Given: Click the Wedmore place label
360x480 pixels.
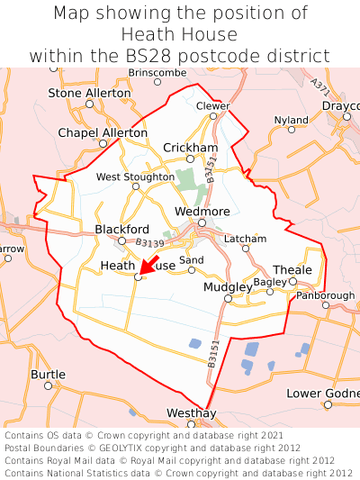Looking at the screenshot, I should pyautogui.click(x=202, y=211).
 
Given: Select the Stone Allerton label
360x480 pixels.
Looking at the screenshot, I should pyautogui.click(x=88, y=93).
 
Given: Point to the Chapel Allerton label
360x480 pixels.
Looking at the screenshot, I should pyautogui.click(x=102, y=132).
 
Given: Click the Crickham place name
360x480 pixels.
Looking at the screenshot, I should pyautogui.click(x=190, y=147).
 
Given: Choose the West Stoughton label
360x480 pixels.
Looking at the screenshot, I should pyautogui.click(x=135, y=177).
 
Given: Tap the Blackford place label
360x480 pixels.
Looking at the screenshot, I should pyautogui.click(x=121, y=229).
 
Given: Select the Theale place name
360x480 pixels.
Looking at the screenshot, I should pyautogui.click(x=292, y=269).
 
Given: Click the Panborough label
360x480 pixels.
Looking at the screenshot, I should pyautogui.click(x=325, y=294).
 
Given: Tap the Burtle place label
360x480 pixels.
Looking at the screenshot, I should pyautogui.click(x=48, y=373).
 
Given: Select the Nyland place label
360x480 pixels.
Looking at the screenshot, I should pyautogui.click(x=291, y=119).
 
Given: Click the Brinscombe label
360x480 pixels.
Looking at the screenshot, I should pyautogui.click(x=157, y=71).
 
